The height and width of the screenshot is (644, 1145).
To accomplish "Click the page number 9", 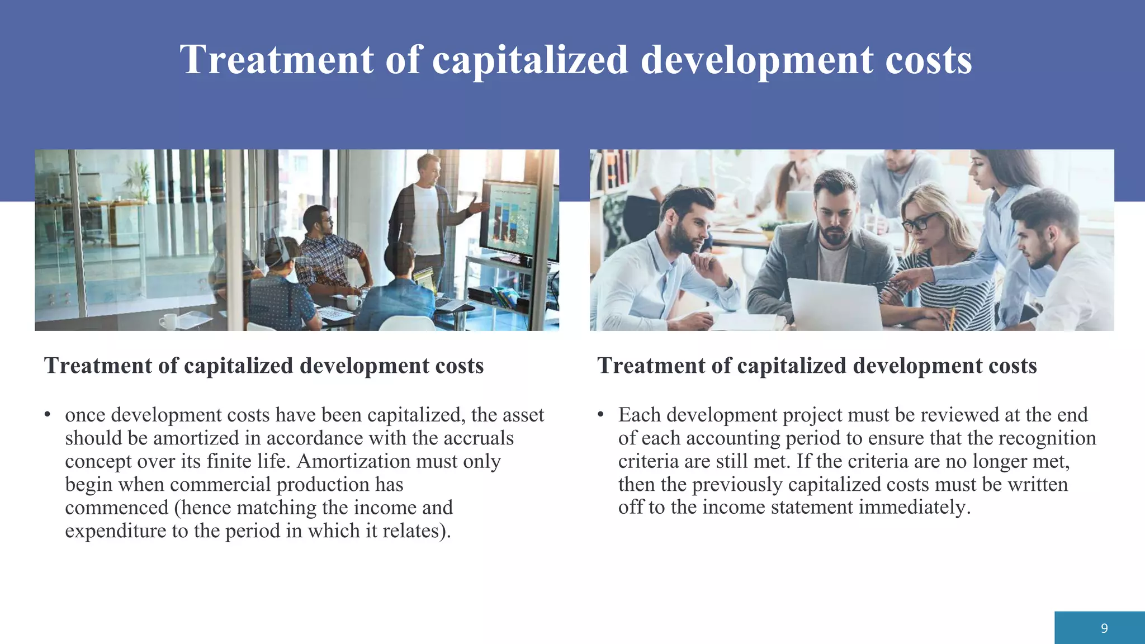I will (x=1104, y=628).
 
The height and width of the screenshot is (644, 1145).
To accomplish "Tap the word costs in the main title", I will (x=929, y=59).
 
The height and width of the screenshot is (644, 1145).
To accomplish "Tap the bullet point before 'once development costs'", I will (x=48, y=415).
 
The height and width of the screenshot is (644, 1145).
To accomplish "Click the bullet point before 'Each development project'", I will (x=600, y=415).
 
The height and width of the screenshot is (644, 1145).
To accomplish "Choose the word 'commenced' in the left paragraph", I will (x=116, y=508).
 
